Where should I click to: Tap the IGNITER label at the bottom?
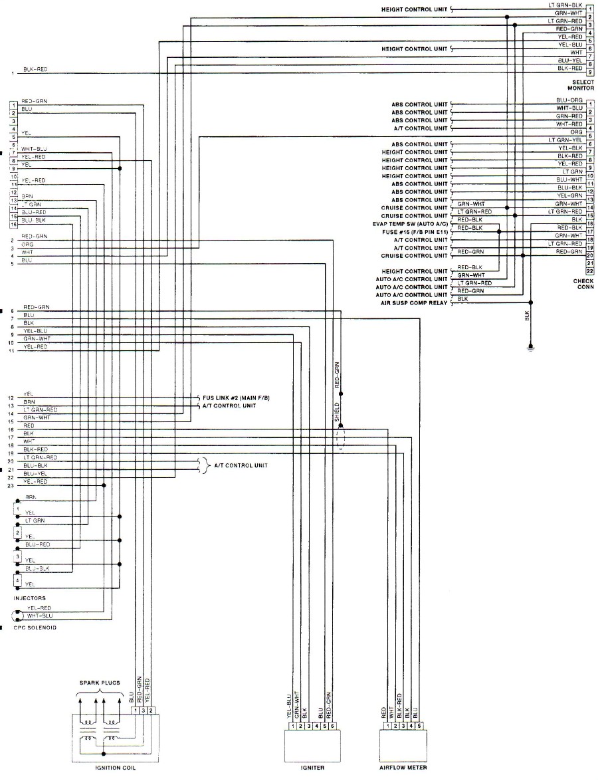[x=312, y=768]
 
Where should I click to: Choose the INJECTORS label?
[x=29, y=598]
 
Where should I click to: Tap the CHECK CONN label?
[x=583, y=284]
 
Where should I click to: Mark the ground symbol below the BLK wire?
[x=530, y=346]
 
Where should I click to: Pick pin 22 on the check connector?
[x=589, y=271]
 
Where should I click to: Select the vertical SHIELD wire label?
[x=337, y=413]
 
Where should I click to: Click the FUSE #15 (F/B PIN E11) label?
[x=413, y=232]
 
